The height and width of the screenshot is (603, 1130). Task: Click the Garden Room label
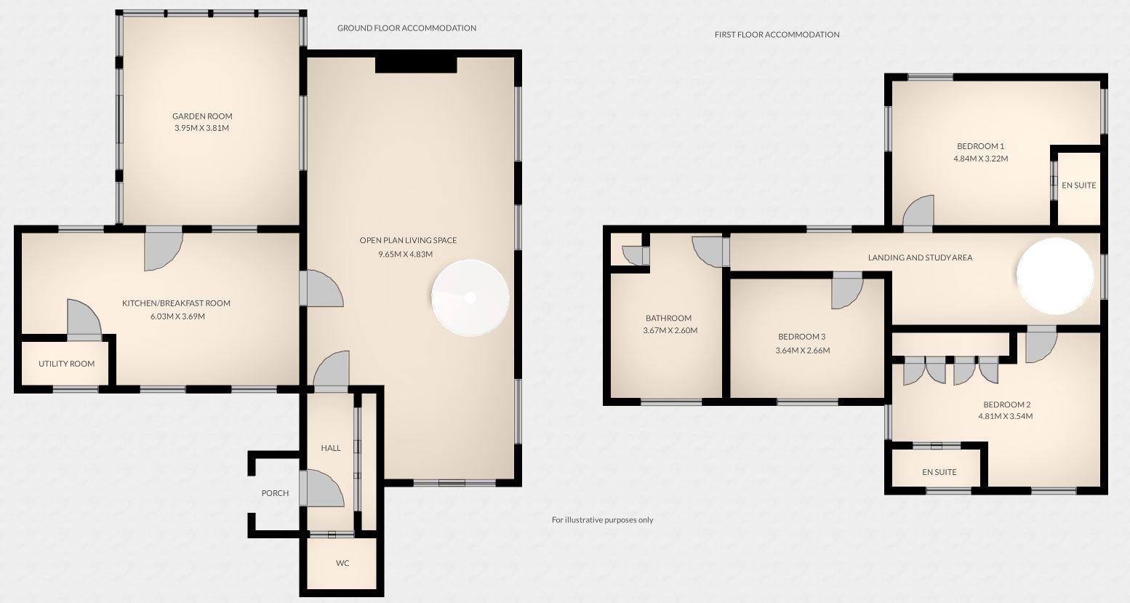click(x=202, y=116)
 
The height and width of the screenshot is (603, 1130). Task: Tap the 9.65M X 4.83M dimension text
click(x=405, y=255)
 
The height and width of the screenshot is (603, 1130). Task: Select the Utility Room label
click(x=66, y=364)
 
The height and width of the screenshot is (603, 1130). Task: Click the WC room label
click(x=342, y=563)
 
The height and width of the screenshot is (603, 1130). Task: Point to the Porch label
click(x=275, y=493)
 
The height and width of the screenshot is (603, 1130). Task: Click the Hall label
click(x=331, y=448)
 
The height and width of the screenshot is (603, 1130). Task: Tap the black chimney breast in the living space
click(x=415, y=64)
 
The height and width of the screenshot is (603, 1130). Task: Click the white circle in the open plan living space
click(x=470, y=297)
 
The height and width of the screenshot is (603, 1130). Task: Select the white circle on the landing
click(x=1054, y=276)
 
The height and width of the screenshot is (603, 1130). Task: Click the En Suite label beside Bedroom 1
click(x=1078, y=185)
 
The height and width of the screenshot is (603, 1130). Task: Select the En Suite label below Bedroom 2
click(x=939, y=472)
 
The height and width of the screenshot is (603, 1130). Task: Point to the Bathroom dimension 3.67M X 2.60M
click(x=670, y=330)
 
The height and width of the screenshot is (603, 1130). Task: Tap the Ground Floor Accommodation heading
click(x=406, y=28)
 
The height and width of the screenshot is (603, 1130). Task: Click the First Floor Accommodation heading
click(x=777, y=34)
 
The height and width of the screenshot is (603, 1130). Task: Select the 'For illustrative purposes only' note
click(x=602, y=519)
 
